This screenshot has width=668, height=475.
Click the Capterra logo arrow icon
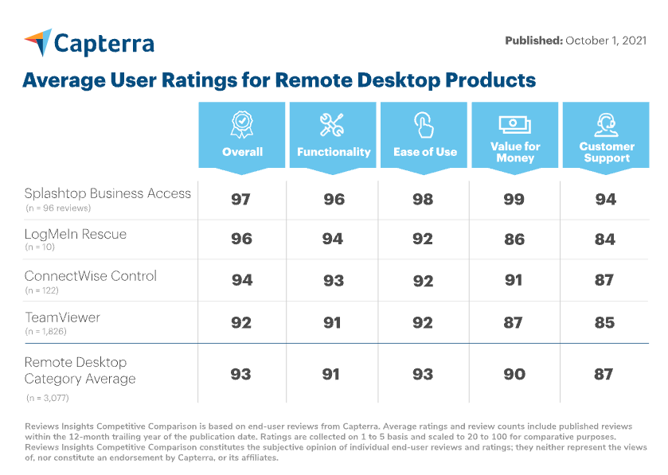click(37, 42)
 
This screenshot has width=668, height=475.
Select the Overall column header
click(242, 151)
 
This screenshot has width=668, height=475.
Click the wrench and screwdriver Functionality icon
click(332, 125)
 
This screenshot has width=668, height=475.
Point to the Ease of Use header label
click(425, 151)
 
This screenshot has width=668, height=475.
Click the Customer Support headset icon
click(606, 123)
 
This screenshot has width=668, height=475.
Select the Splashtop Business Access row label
click(108, 193)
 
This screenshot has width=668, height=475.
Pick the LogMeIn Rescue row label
click(76, 235)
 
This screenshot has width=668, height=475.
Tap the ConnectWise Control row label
click(91, 276)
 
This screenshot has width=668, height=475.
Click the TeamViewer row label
click(63, 317)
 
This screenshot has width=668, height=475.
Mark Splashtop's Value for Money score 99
click(514, 199)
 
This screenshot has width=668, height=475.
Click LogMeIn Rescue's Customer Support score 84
click(606, 239)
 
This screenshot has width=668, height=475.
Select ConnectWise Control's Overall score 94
click(242, 280)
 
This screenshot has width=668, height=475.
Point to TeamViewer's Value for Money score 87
click(514, 322)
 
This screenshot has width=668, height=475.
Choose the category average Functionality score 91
click(333, 374)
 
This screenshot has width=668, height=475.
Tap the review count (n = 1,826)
click(46, 331)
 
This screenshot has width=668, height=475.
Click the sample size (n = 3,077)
click(47, 395)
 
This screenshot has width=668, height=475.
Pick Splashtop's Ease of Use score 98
click(424, 199)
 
